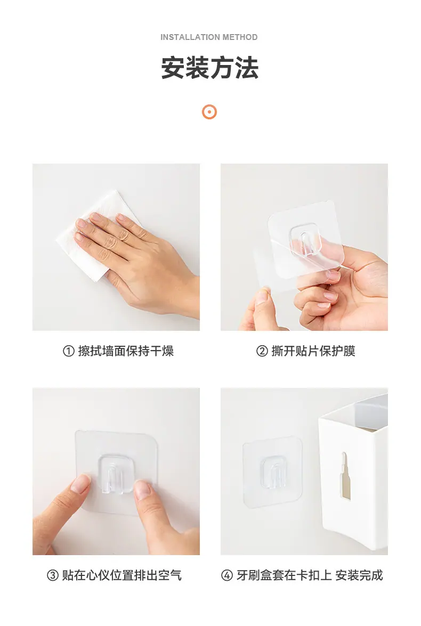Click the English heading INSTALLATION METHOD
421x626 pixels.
pos(209,37)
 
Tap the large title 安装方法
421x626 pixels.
pos(210,68)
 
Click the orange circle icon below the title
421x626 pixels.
pos(209,112)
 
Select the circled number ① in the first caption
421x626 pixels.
pos(69,351)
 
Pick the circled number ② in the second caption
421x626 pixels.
pos(262,351)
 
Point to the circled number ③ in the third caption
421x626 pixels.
pos(53,575)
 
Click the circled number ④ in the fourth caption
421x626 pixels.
pos(227,575)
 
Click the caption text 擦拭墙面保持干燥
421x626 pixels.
pos(126,351)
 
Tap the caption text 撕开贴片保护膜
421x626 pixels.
pos(313,351)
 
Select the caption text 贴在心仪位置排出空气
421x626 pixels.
pos(122,575)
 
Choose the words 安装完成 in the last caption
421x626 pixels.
pos(359,575)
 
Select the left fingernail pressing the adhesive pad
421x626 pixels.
pos(80,484)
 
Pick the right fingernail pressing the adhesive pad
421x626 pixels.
pos(143,490)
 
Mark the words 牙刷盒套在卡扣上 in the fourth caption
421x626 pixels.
pos(284,575)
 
